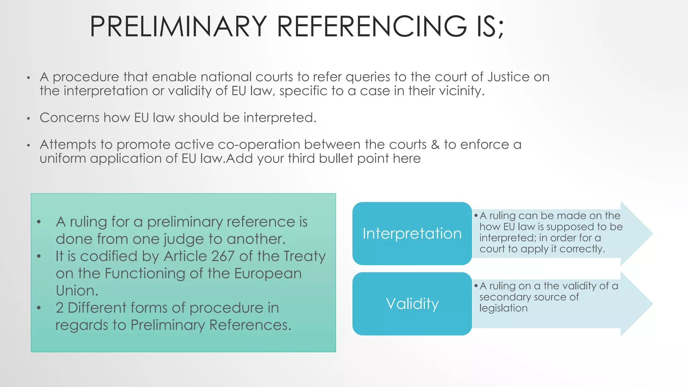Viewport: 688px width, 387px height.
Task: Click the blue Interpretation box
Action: pos(412,233)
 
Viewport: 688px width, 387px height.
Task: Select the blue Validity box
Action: pos(412,304)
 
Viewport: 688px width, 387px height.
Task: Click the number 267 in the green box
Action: pos(223,256)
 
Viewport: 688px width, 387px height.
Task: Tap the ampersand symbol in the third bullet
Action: pos(435,144)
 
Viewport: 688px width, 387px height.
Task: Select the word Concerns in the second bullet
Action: pos(70,118)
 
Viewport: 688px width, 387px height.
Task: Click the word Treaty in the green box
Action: pos(304,256)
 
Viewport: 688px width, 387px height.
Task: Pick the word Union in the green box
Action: pos(77,291)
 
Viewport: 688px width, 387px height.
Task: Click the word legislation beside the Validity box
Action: pos(503,308)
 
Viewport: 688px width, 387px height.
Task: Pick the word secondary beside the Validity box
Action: pos(505,297)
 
